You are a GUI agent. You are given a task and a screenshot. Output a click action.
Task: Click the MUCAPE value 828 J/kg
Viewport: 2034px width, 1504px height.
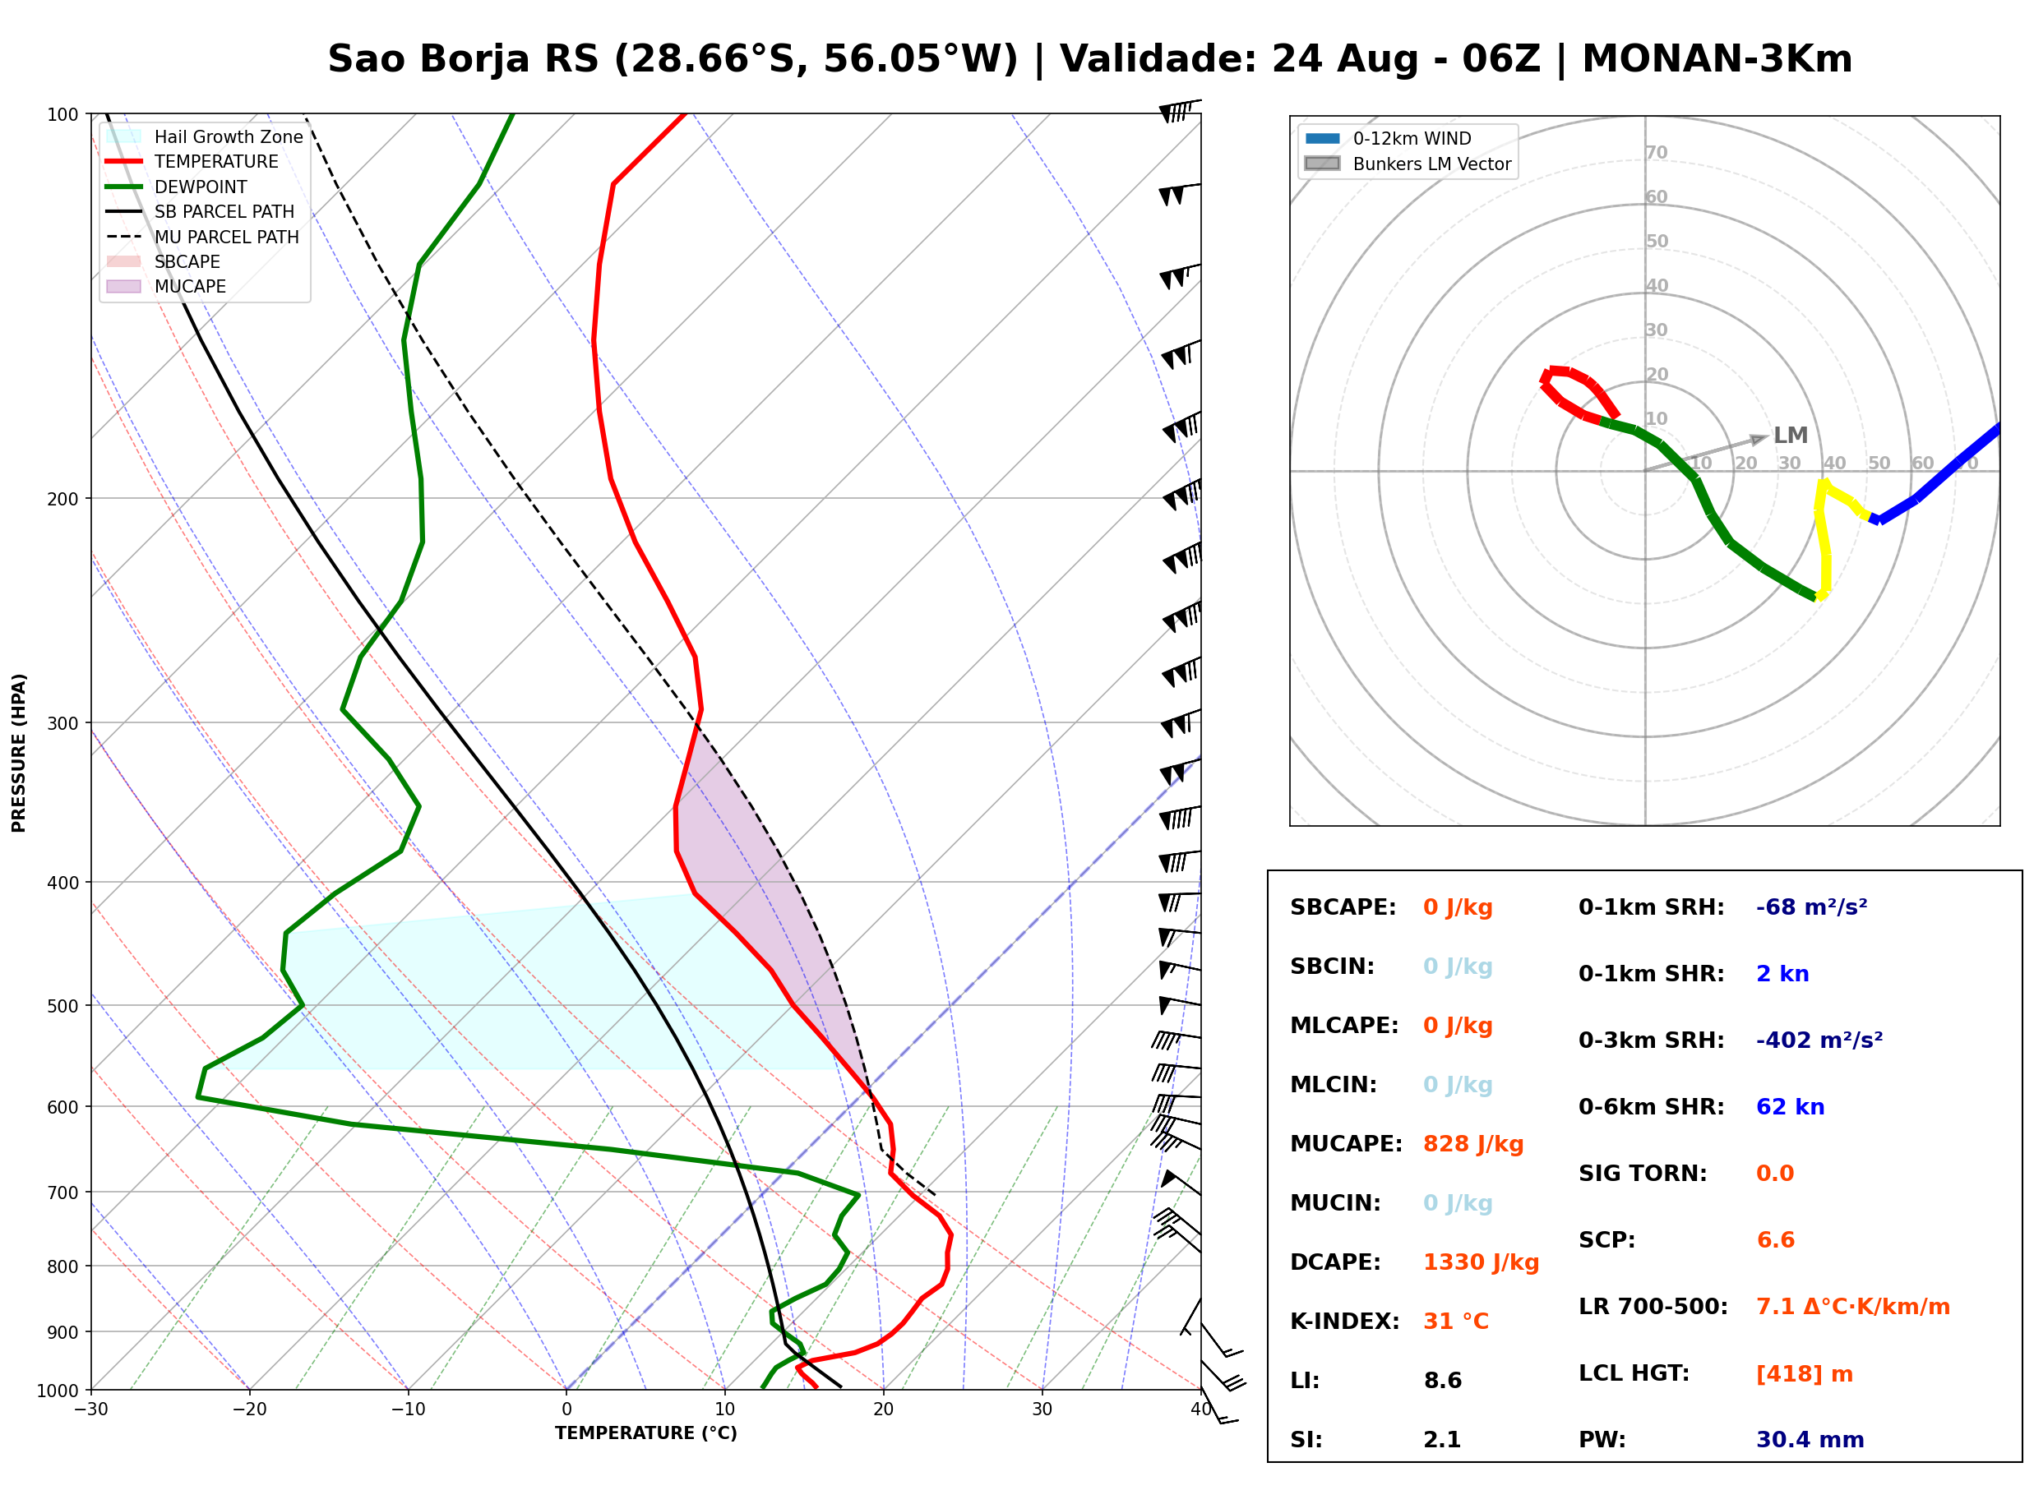[1472, 1143]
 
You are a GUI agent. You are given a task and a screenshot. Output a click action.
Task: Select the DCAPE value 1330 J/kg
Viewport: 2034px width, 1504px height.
[1481, 1262]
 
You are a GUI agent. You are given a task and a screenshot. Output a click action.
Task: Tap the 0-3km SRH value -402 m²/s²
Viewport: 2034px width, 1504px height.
[1819, 1040]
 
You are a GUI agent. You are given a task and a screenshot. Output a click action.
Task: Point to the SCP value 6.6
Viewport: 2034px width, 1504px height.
[1775, 1240]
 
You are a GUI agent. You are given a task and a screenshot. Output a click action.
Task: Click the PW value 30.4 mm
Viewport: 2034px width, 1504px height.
[1810, 1439]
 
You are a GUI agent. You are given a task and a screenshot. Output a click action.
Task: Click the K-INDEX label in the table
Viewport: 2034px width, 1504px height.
[1345, 1321]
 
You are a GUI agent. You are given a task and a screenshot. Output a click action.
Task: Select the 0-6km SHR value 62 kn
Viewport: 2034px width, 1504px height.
[1790, 1107]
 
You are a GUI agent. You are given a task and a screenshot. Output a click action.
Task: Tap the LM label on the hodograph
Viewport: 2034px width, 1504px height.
[1790, 436]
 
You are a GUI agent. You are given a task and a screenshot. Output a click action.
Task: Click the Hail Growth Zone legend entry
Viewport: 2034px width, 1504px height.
[205, 136]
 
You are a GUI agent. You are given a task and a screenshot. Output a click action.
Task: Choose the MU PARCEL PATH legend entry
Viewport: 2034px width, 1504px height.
[203, 237]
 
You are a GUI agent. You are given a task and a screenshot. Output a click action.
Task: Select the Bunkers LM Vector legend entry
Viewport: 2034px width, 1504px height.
[1408, 164]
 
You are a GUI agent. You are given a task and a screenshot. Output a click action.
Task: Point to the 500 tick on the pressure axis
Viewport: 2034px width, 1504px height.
[62, 1006]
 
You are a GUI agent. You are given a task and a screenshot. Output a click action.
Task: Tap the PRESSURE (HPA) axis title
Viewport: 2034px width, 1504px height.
[18, 753]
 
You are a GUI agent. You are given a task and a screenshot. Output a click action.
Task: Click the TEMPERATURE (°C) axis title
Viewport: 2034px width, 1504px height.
[646, 1433]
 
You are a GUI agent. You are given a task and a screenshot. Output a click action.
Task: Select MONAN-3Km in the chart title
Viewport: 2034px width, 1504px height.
[1717, 59]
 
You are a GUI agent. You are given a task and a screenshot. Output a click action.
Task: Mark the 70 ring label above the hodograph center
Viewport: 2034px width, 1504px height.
[1656, 152]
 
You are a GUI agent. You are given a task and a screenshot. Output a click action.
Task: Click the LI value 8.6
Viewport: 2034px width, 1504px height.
[1442, 1380]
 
